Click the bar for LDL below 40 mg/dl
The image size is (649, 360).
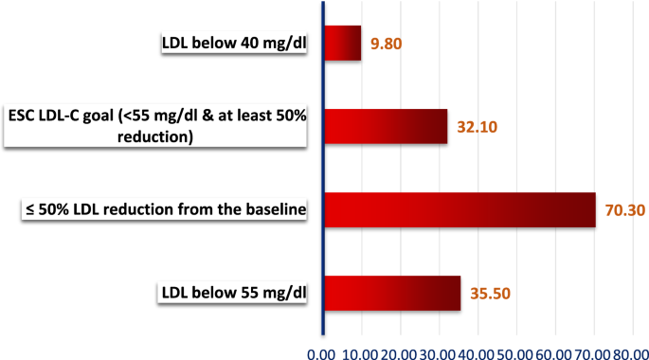343,44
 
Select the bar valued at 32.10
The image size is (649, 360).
386,126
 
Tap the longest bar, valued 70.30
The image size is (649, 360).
460,209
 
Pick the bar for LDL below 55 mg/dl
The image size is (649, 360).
392,293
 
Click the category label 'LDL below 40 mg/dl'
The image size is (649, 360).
233,44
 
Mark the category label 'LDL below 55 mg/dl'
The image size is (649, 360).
233,293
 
